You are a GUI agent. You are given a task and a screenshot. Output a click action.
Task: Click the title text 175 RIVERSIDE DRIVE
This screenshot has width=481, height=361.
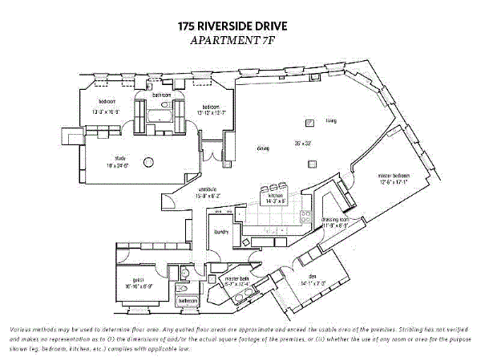233,26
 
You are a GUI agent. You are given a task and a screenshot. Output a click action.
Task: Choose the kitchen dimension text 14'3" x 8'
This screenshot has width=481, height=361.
276,201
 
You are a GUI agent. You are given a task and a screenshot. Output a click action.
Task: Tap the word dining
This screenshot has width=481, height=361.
262,148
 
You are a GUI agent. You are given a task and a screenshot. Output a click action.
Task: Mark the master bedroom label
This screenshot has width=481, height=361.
394,176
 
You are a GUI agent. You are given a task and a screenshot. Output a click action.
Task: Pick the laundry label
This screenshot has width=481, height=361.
222,232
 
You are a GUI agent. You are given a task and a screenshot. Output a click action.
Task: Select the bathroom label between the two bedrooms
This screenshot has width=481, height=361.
163,95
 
